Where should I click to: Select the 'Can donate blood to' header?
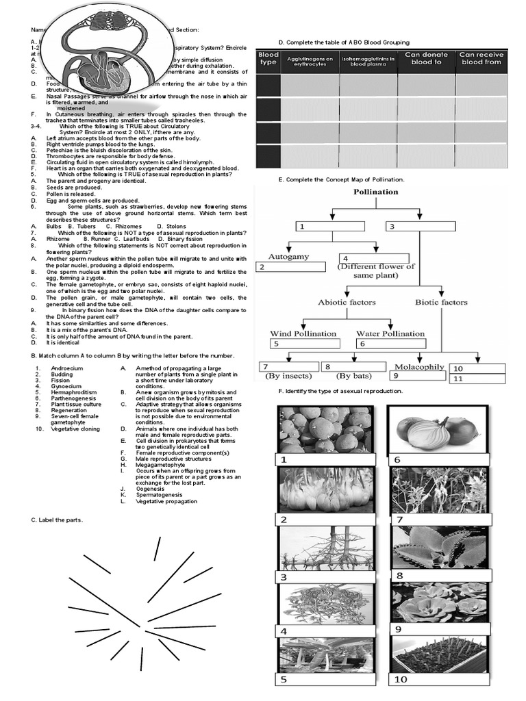pyautogui.click(x=426, y=58)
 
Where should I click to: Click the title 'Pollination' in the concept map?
pyautogui.click(x=375, y=192)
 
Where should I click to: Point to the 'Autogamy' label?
pyautogui.click(x=288, y=257)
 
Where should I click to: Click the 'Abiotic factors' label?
pyautogui.click(x=345, y=302)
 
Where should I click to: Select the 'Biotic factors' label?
pyautogui.click(x=442, y=302)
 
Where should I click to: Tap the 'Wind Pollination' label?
pyautogui.click(x=303, y=333)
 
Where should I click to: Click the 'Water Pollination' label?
pyautogui.click(x=390, y=333)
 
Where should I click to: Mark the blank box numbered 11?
pyautogui.click(x=477, y=379)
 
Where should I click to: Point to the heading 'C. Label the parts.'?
pyautogui.click(x=56, y=520)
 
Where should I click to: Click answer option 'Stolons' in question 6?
pyautogui.click(x=176, y=226)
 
